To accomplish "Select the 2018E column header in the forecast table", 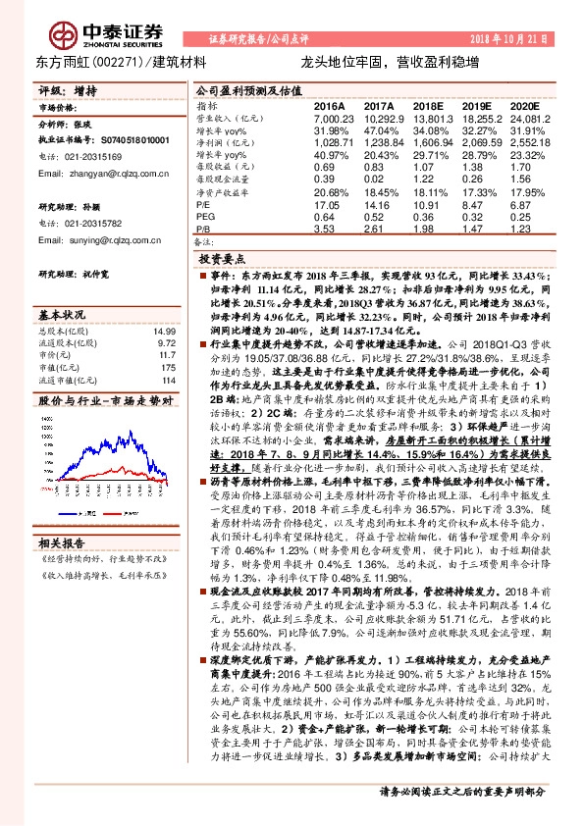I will [428, 105].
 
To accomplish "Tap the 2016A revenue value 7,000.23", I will [331, 118].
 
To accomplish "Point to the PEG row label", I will [204, 217].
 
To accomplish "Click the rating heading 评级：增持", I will [68, 89].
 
